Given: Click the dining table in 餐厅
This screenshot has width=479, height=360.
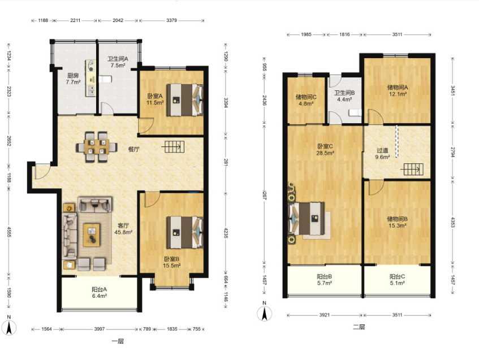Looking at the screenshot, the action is tap(97, 146).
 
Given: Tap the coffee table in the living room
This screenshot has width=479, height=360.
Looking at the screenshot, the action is tap(92, 235).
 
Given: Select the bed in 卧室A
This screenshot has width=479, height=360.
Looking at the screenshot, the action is tap(185, 100).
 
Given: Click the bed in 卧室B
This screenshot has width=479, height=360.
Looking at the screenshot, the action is tap(185, 232).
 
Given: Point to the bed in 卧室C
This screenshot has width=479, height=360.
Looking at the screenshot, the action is tap(307, 219).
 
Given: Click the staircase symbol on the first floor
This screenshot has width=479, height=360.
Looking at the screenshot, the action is tap(173, 146).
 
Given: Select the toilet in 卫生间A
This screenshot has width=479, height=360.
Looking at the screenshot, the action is tap(105, 79).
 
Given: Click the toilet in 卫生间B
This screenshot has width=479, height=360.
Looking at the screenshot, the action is tap(355, 112).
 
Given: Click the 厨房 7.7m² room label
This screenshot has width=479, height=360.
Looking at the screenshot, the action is tap(74, 79).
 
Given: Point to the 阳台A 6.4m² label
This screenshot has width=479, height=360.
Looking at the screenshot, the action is tap(100, 293).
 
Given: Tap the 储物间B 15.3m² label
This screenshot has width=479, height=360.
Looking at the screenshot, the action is tap(397, 222).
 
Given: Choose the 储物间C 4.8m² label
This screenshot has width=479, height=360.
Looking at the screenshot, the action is tap(306, 100).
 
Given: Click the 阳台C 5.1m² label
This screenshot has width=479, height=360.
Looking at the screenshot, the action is tap(397, 280).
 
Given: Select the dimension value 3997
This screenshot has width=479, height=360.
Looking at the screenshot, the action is tap(100, 329).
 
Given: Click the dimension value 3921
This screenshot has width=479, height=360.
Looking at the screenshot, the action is tap(325, 315).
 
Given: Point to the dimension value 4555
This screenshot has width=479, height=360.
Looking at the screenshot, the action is tap(9, 232).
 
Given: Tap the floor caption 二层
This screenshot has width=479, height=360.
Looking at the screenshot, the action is tap(359, 327).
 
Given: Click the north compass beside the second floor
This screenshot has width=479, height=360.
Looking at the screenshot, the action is tap(265, 311).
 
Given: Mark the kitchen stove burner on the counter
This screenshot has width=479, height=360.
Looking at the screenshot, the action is tap(91, 63).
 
